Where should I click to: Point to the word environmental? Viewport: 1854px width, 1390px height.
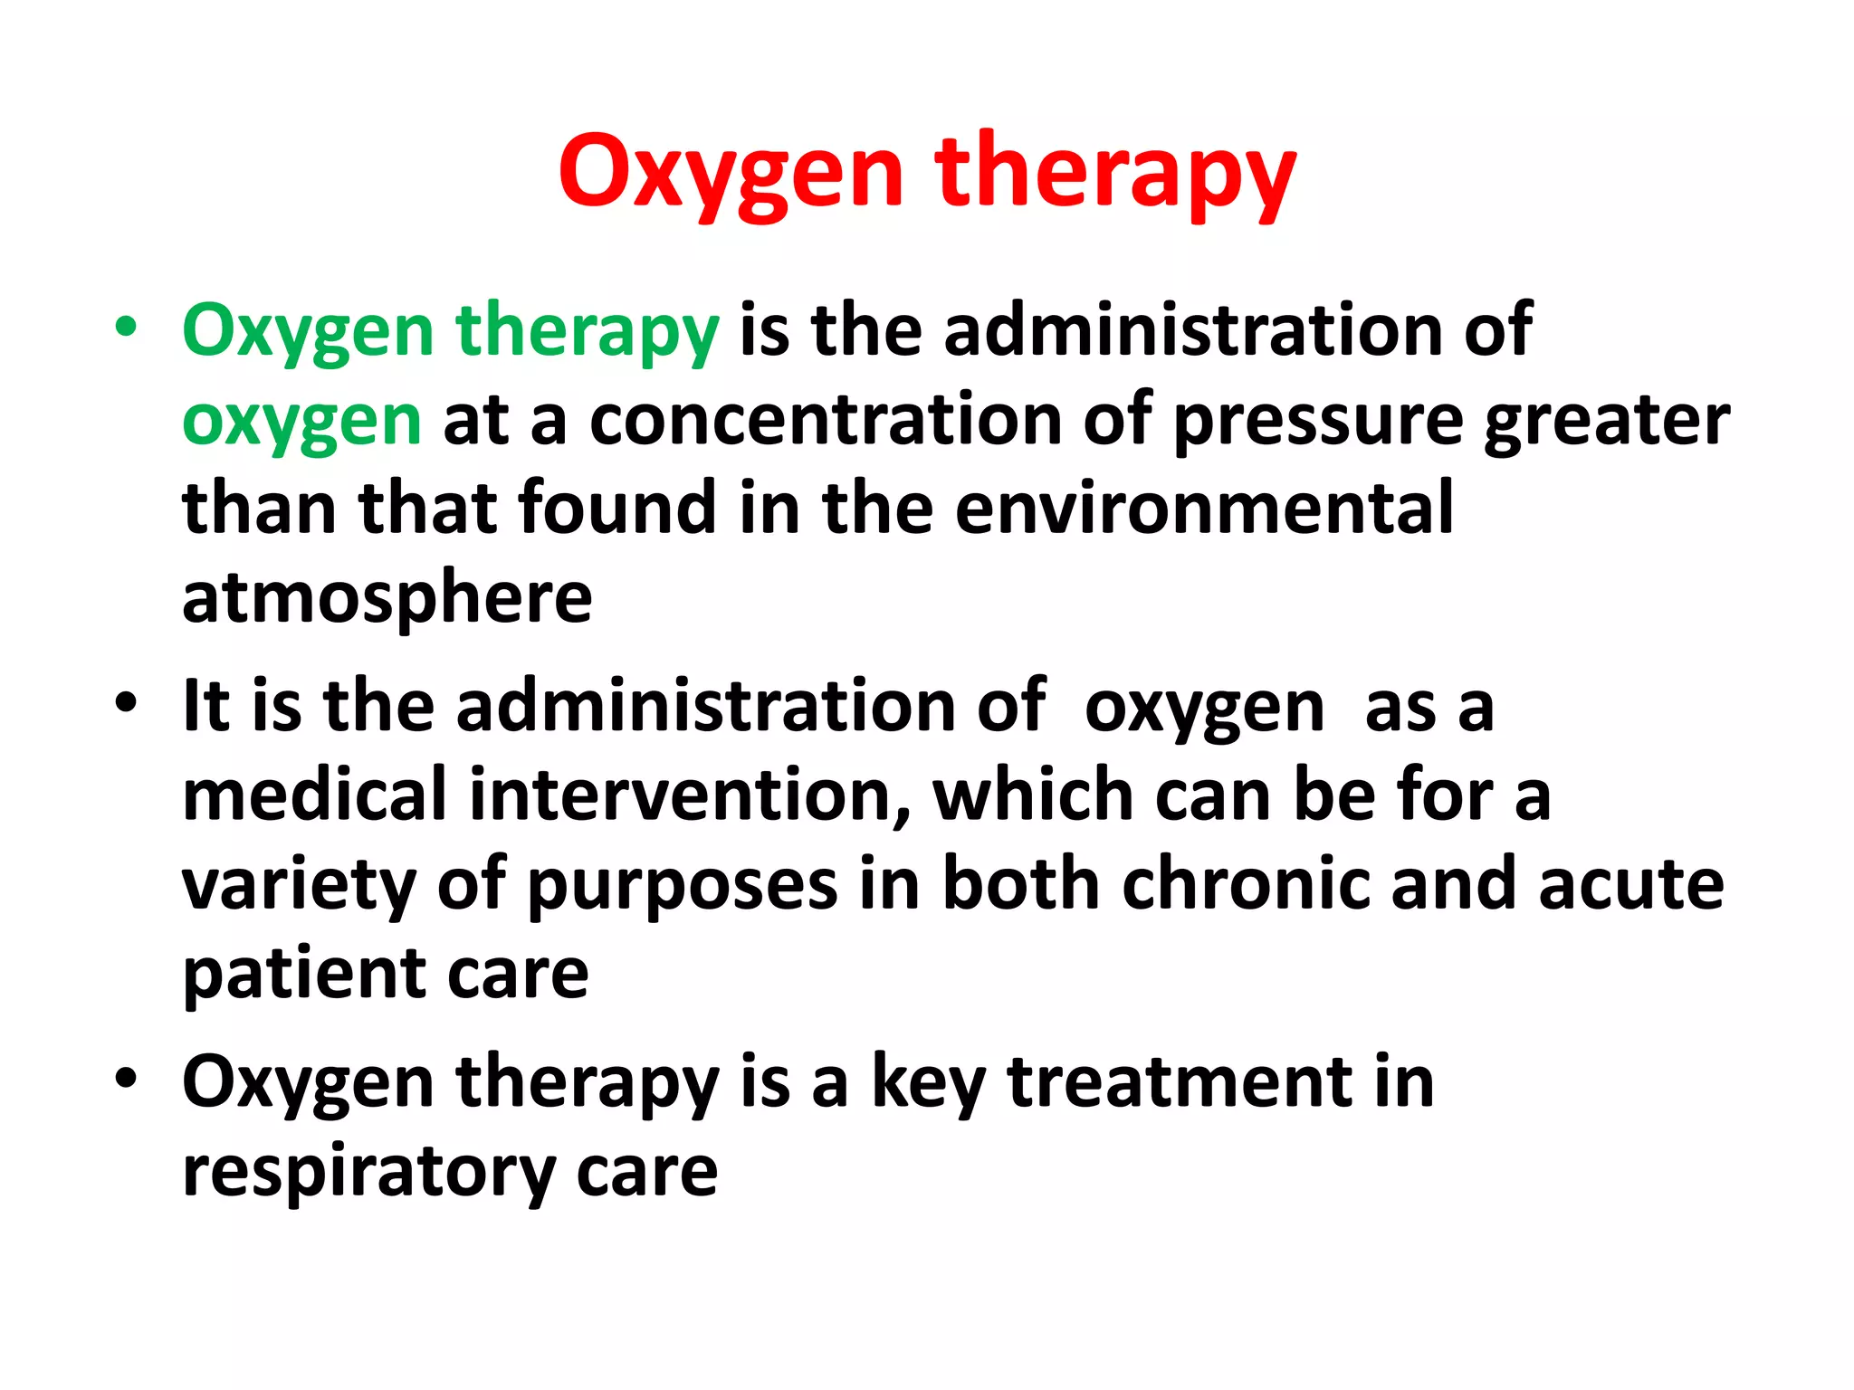tap(1204, 509)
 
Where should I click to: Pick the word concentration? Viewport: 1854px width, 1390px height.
tap(826, 421)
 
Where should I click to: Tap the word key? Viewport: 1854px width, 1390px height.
tap(928, 1083)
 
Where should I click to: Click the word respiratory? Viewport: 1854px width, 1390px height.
tap(368, 1173)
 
